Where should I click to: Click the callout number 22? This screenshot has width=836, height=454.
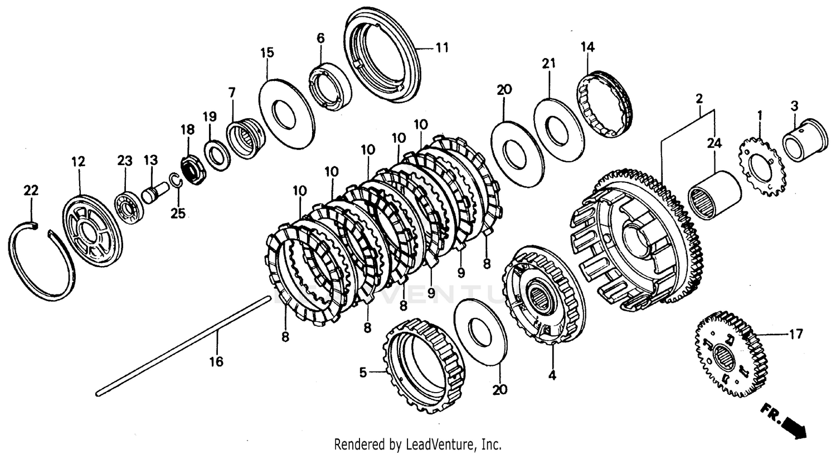31,190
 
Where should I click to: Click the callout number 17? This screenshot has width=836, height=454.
795,334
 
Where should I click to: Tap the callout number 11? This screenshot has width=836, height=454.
441,48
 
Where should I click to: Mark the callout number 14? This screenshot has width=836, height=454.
587,47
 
